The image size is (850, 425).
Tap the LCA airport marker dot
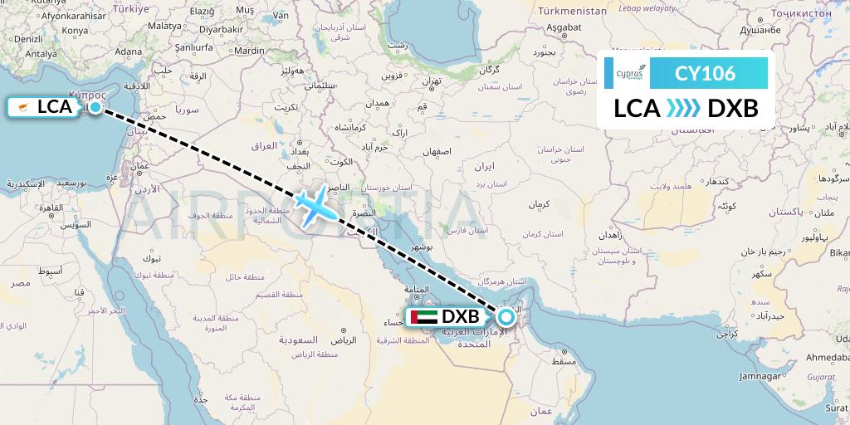[95, 107]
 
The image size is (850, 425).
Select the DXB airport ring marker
[506, 316]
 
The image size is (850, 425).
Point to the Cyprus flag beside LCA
[24, 107]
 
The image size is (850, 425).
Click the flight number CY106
[705, 74]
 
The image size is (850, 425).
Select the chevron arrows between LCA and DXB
[683, 109]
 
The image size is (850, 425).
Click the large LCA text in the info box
[637, 109]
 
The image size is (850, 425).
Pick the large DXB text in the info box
[732, 109]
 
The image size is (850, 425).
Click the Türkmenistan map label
[572, 12]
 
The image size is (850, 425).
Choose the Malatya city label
[165, 26]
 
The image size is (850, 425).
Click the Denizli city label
[28, 39]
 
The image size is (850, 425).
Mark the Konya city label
[75, 31]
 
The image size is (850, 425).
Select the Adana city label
[129, 51]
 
